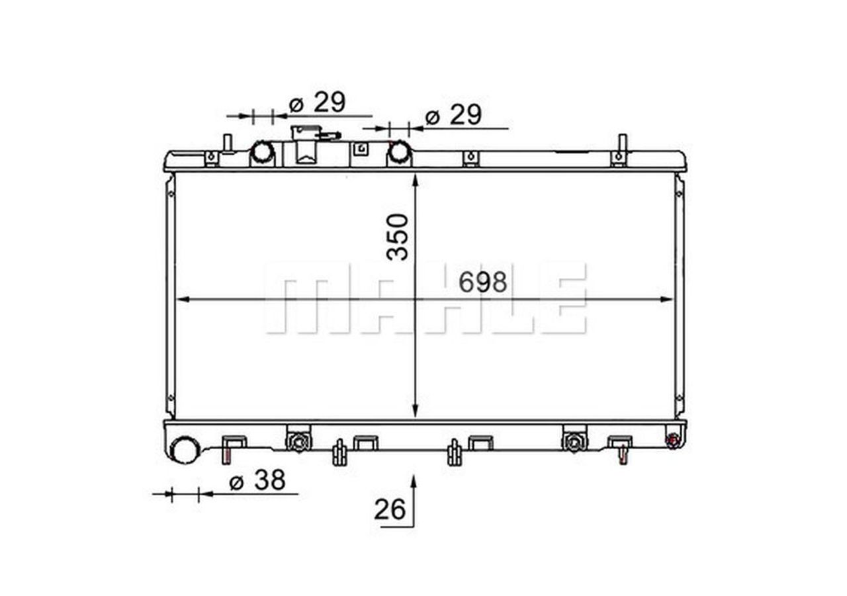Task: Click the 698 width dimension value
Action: tap(483, 282)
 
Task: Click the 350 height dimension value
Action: tap(398, 236)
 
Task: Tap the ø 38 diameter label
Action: tap(257, 481)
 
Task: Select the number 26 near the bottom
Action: tap(390, 509)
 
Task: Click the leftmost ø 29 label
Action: tap(317, 103)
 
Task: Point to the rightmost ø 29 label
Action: tap(453, 115)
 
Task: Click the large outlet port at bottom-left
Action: tap(184, 450)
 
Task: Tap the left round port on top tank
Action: tap(262, 152)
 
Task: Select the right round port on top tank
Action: tap(399, 152)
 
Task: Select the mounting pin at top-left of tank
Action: tap(227, 143)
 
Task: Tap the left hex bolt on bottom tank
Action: tap(298, 441)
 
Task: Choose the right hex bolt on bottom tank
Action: tap(574, 441)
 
